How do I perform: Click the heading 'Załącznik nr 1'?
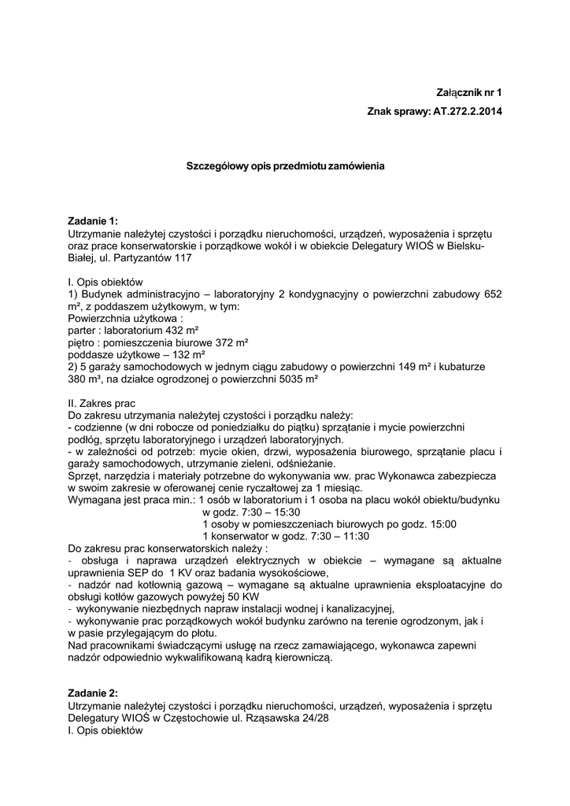[468, 92]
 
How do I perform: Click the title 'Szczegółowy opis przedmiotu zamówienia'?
[285, 167]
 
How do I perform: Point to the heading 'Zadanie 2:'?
[93, 693]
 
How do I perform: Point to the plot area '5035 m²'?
[294, 379]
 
